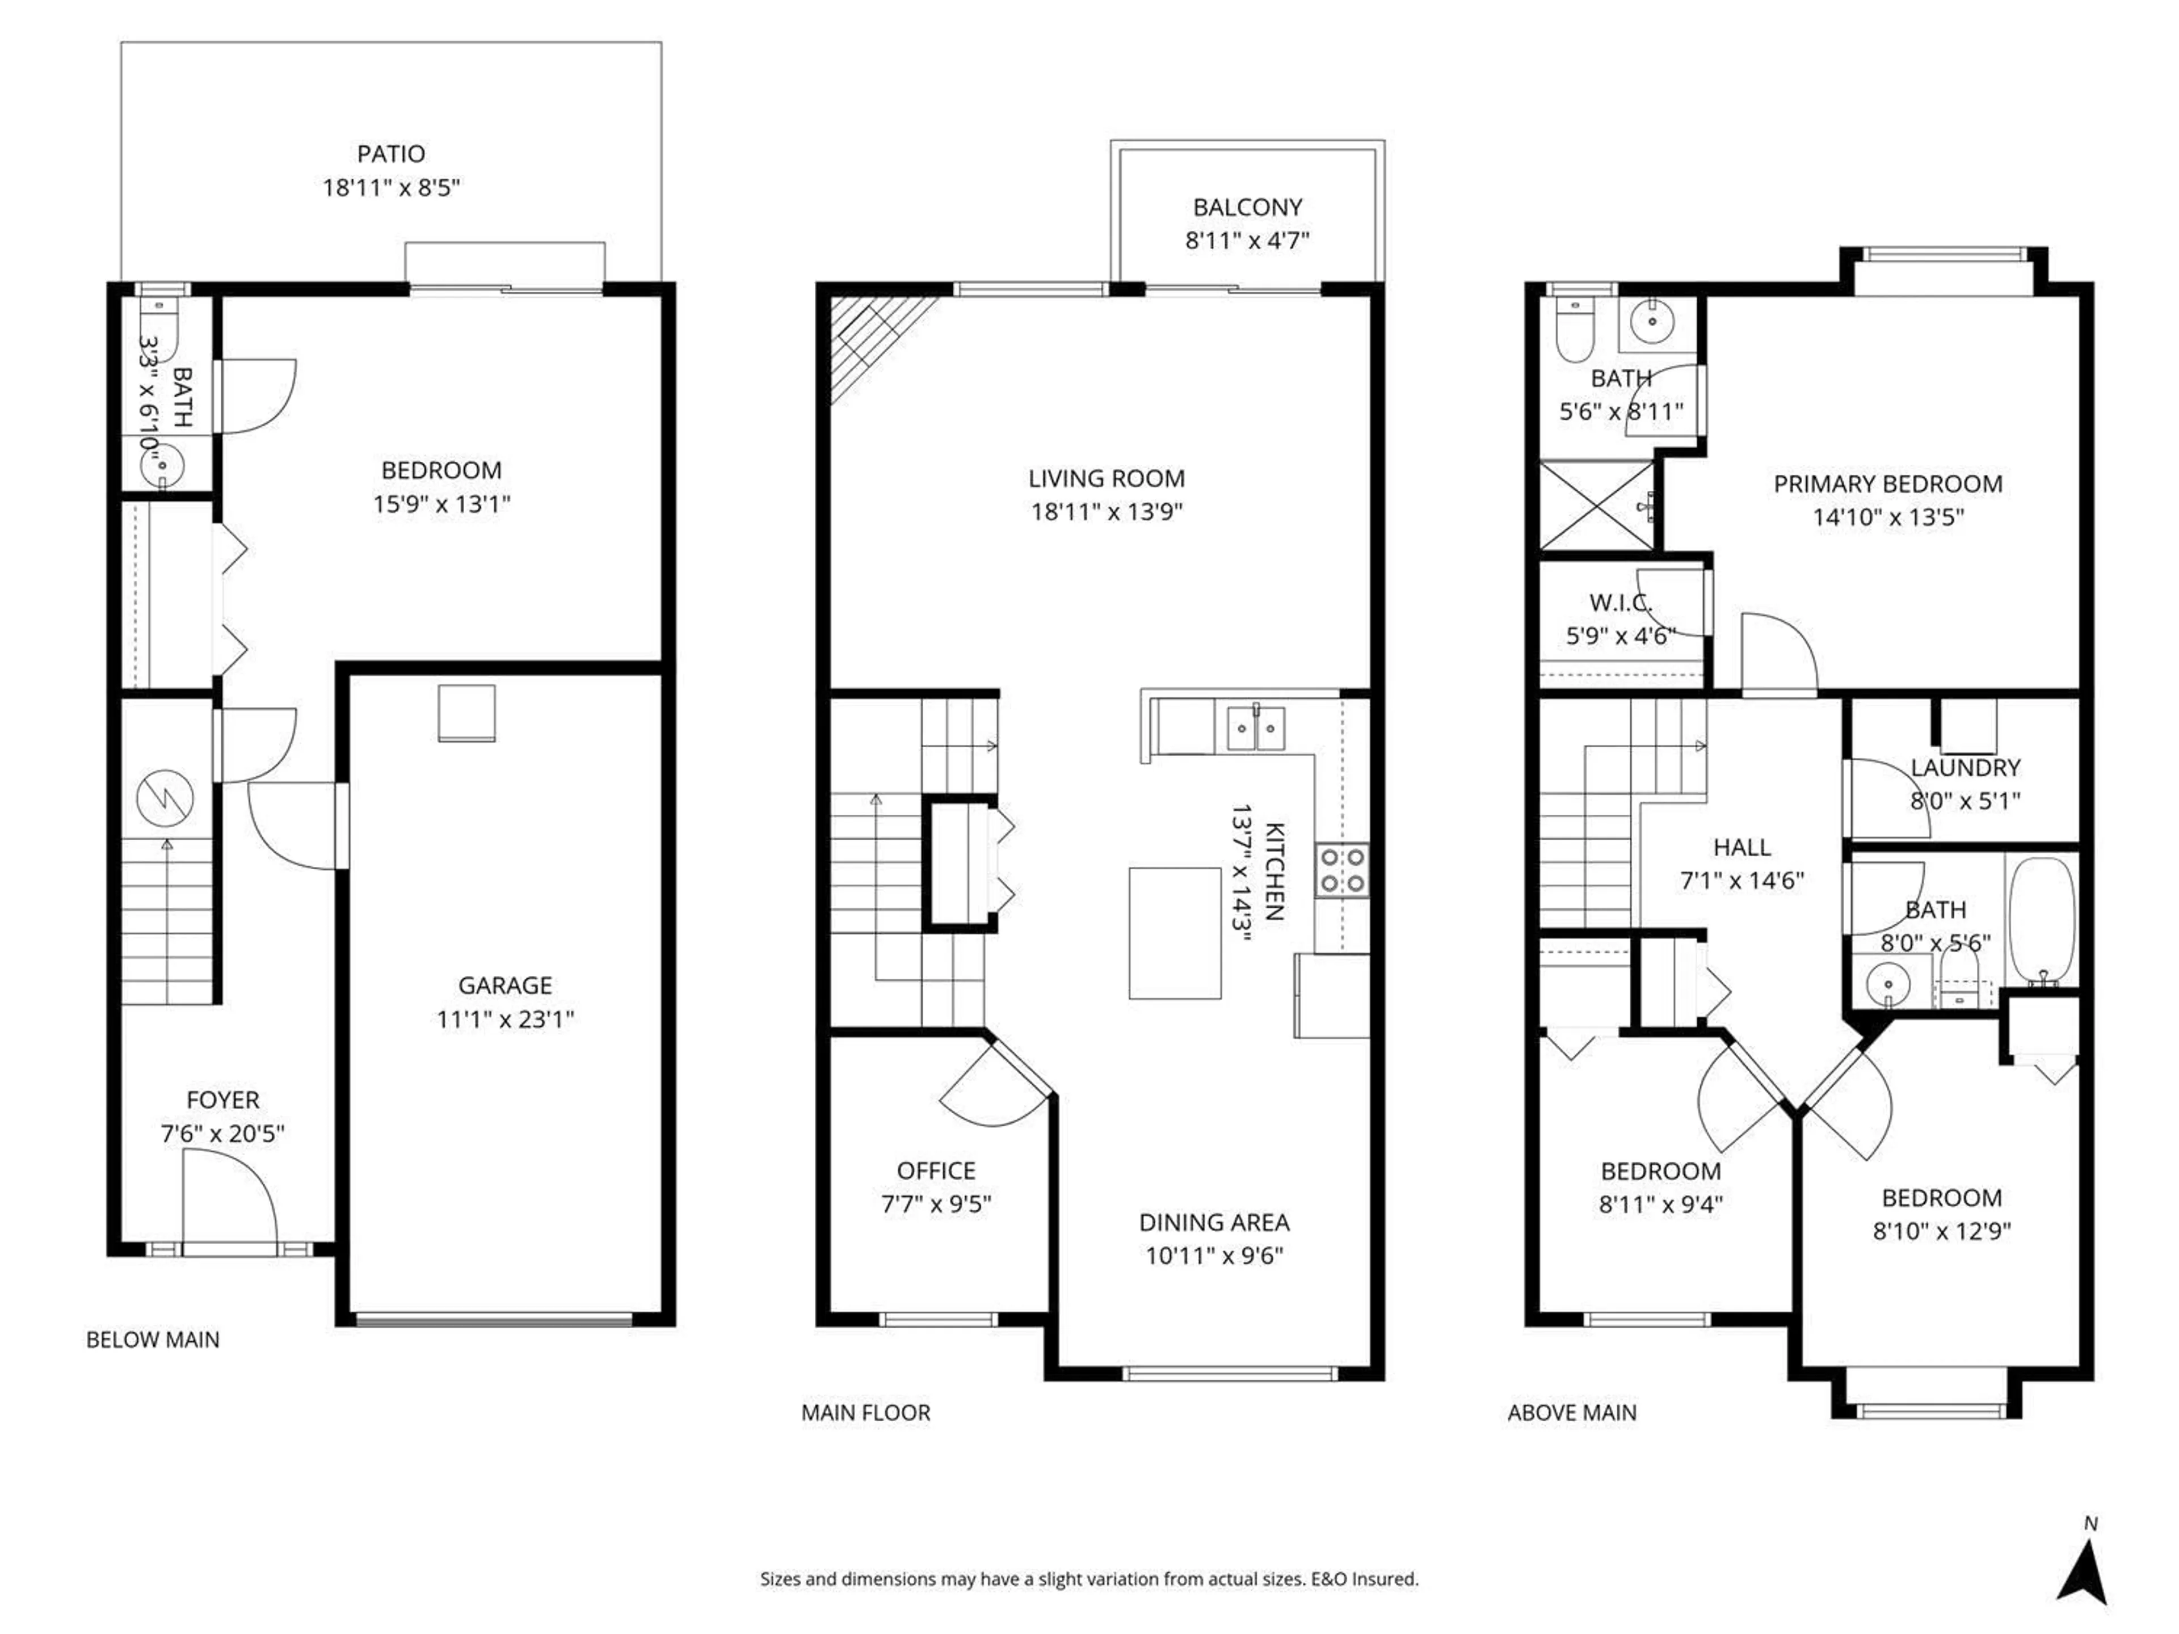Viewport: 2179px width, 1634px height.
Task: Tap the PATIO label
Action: pyautogui.click(x=391, y=154)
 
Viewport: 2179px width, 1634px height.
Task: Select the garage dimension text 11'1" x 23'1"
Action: pyautogui.click(x=506, y=1018)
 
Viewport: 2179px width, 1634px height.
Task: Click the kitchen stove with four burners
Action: pyautogui.click(x=1341, y=870)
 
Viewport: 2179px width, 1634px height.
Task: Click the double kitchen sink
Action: pyautogui.click(x=1255, y=730)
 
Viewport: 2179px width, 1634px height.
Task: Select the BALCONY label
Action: pyautogui.click(x=1247, y=207)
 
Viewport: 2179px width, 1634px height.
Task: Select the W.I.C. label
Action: pyautogui.click(x=1621, y=603)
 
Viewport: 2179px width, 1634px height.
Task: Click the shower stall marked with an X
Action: pyautogui.click(x=1596, y=506)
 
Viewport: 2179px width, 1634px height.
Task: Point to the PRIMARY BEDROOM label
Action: pyautogui.click(x=1887, y=483)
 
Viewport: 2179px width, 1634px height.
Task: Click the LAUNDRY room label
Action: pyautogui.click(x=1965, y=767)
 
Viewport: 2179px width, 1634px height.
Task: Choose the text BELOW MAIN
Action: pyautogui.click(x=153, y=1340)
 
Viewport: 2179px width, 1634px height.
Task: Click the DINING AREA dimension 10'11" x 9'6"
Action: pyautogui.click(x=1214, y=1256)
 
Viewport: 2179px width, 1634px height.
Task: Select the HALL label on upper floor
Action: pyautogui.click(x=1741, y=847)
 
